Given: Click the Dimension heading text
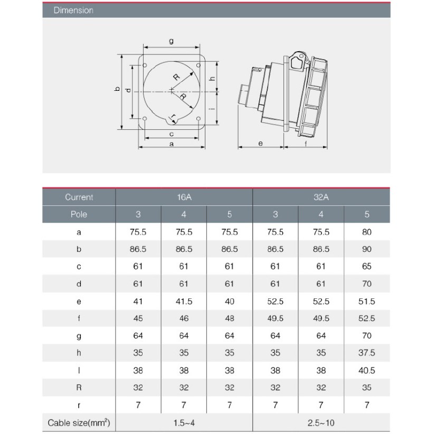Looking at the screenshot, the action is tap(73, 10).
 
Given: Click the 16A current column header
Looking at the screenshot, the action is tap(184, 197).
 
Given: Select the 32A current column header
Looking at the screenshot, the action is tap(321, 197).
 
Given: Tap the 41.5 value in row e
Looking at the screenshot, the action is tap(184, 301).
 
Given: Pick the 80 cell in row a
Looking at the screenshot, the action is tap(367, 232).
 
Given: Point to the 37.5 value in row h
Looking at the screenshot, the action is tap(367, 353).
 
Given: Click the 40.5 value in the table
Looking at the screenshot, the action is tap(367, 370).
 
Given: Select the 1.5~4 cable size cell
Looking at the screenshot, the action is tap(184, 423).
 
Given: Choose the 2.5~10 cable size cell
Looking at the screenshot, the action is tap(321, 423).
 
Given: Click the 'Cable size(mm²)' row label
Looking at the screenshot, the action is tap(79, 423).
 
